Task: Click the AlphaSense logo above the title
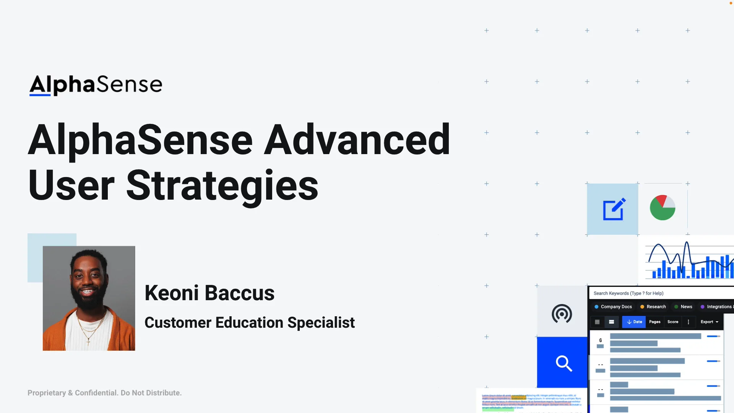[96, 85]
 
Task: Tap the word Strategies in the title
[222, 186]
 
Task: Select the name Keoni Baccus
[209, 293]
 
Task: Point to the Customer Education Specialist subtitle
[249, 323]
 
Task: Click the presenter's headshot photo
[89, 298]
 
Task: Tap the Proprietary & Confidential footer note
[104, 393]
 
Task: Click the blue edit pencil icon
[614, 209]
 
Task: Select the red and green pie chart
[663, 208]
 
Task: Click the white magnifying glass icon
[563, 363]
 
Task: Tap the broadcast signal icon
[562, 314]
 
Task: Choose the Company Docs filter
[616, 307]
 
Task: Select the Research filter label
[656, 307]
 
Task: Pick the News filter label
[686, 307]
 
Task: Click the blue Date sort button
[634, 322]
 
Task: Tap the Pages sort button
[654, 322]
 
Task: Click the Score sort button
[672, 322]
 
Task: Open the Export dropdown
[709, 322]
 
